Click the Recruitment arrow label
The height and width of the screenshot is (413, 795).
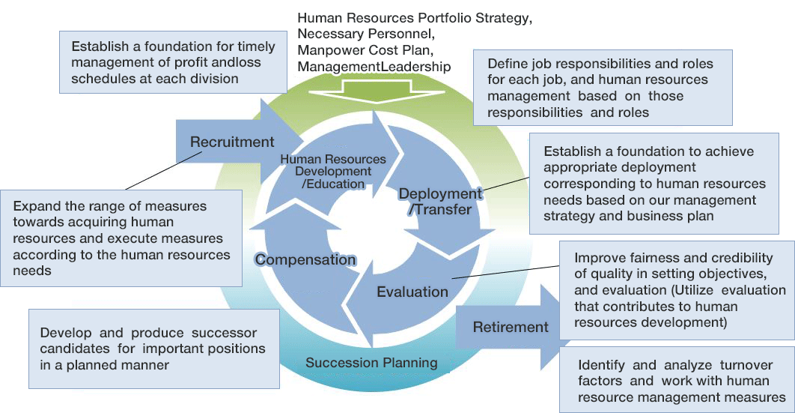click(231, 142)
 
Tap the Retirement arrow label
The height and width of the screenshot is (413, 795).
click(511, 327)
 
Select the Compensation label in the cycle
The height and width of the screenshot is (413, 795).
click(305, 259)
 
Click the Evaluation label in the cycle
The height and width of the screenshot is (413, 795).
click(412, 292)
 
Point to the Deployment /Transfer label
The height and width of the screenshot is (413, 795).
click(440, 202)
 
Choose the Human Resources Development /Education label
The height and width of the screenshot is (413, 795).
click(333, 171)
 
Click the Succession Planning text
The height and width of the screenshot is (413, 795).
click(371, 363)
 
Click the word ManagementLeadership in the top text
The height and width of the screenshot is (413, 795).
click(374, 67)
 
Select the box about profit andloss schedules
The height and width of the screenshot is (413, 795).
click(171, 62)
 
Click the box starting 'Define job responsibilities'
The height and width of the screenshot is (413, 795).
click(603, 88)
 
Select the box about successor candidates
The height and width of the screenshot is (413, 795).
click(153, 349)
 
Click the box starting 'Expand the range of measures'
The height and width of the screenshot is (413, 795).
click(121, 238)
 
